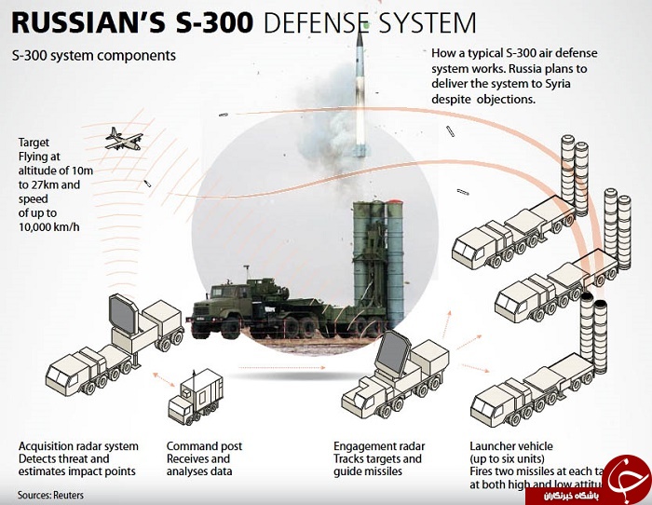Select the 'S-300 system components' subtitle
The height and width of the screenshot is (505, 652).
click(94, 56)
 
